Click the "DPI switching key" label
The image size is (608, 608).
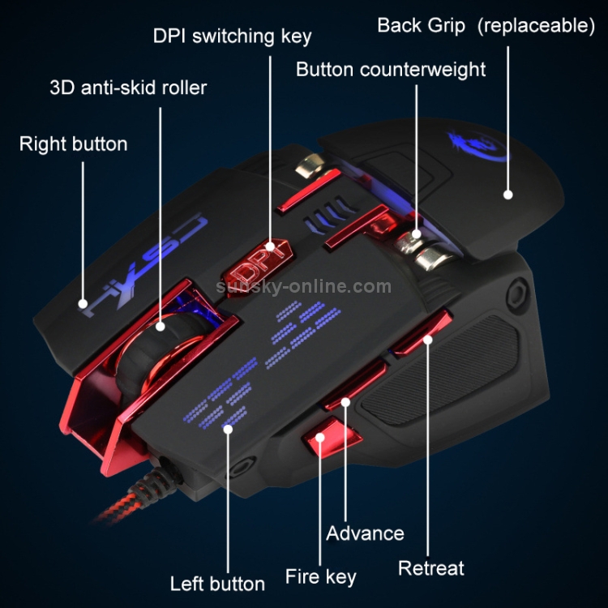(x=232, y=36)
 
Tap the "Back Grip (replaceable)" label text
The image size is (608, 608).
(x=486, y=25)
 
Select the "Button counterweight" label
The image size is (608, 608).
(x=390, y=69)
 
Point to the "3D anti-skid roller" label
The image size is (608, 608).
(x=128, y=87)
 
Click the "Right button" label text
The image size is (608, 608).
(x=73, y=144)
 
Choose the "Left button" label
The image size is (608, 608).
(x=216, y=584)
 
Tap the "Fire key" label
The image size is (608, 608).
(x=320, y=577)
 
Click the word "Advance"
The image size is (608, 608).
(x=365, y=533)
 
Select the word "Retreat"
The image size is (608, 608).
(x=430, y=568)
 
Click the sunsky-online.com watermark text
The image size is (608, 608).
(x=303, y=287)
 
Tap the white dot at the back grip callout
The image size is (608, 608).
(x=508, y=194)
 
